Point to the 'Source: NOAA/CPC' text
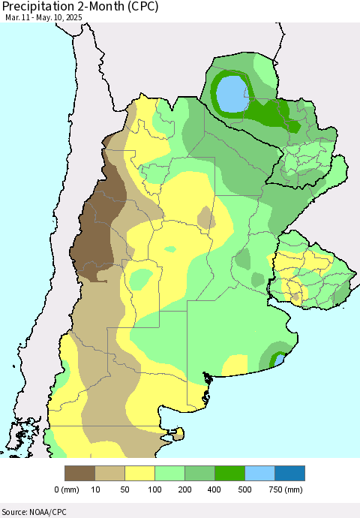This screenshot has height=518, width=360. (x=37, y=510)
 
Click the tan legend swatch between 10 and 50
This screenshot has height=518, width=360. (x=110, y=473)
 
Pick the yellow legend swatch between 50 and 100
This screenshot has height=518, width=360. (x=140, y=473)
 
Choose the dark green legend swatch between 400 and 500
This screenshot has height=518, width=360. (x=230, y=473)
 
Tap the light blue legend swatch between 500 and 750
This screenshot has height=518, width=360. (x=260, y=473)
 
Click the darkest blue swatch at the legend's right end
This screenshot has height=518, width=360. (x=290, y=473)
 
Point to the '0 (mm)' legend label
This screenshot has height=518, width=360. (x=67, y=490)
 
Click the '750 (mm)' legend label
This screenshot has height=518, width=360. (x=284, y=490)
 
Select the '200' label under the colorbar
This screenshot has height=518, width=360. (x=185, y=490)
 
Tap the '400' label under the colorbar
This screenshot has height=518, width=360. (x=215, y=490)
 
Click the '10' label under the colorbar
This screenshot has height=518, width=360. (x=95, y=490)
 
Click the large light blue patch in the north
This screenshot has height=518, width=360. (x=233, y=94)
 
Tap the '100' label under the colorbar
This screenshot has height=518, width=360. (x=155, y=490)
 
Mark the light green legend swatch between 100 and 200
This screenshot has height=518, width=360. (x=170, y=473)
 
